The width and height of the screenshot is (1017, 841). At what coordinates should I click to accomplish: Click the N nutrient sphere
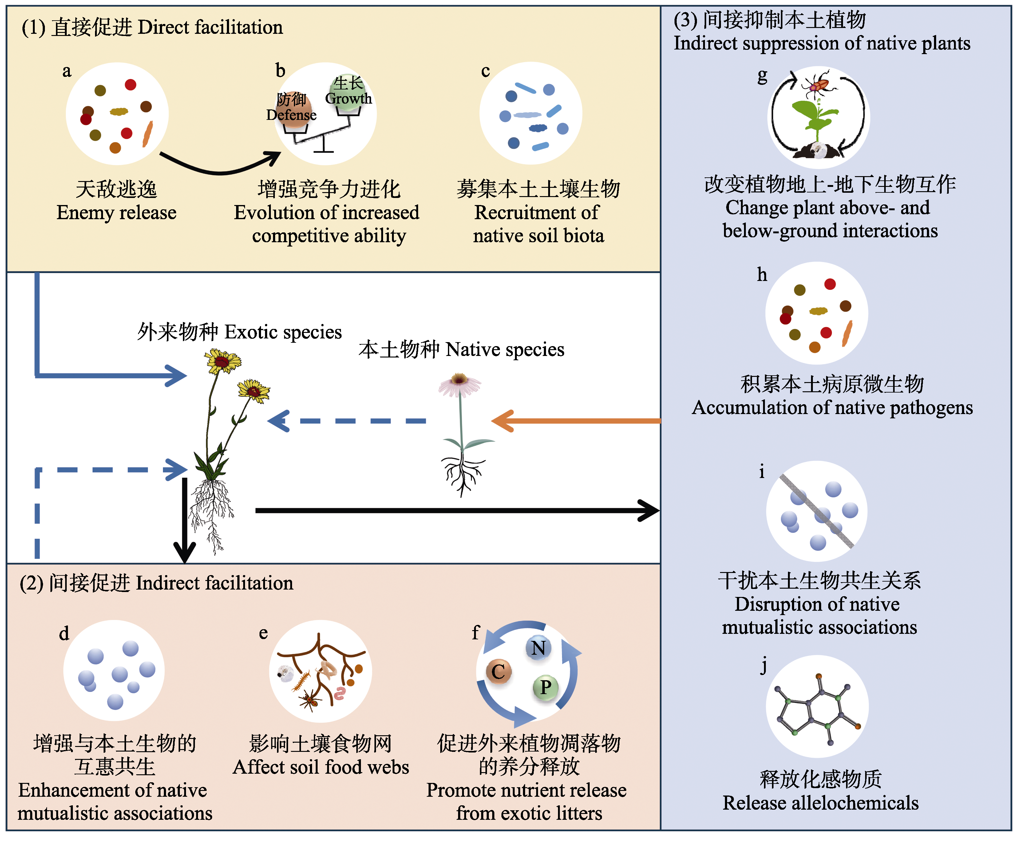click(538, 648)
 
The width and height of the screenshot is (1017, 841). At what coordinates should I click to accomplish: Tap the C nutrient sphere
click(498, 672)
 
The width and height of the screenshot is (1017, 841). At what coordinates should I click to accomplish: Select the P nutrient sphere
click(546, 687)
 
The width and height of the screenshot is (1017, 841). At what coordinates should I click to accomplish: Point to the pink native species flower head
click(460, 385)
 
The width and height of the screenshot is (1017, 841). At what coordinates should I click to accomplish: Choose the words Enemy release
click(116, 212)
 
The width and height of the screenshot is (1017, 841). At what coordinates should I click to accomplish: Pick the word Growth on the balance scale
click(348, 98)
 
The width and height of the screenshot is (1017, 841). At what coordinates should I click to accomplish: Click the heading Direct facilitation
click(210, 27)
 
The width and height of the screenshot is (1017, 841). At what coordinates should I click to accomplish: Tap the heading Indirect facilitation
click(215, 583)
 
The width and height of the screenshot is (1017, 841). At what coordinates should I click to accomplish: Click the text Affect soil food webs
click(321, 767)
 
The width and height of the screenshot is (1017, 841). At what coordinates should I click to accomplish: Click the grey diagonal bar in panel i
click(817, 511)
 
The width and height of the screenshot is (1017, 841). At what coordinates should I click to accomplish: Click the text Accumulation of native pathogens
click(832, 408)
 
